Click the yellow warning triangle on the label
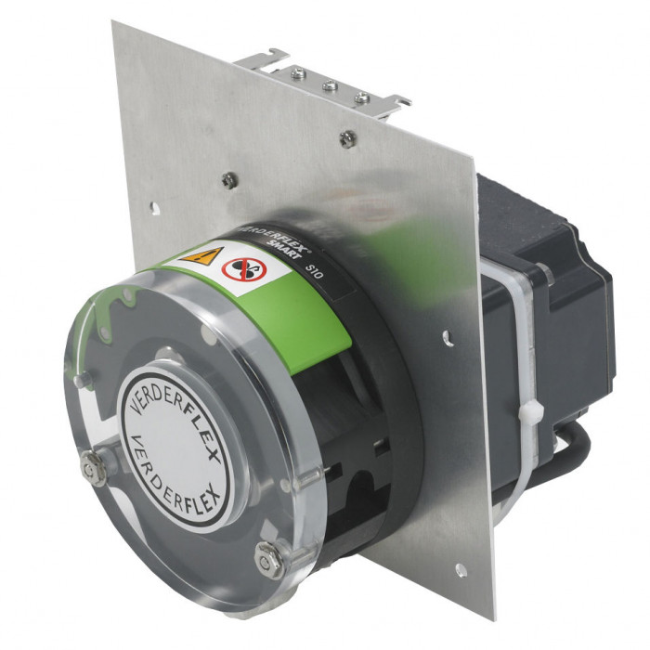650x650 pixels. tap(202, 255)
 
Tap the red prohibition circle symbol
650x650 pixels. tap(244, 270)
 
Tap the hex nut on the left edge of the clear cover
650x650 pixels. tap(94, 469)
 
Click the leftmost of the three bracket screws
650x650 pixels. tap(299, 74)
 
